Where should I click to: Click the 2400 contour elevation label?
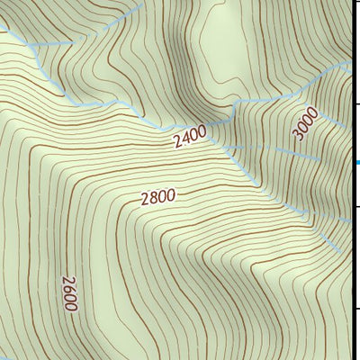click(190, 137)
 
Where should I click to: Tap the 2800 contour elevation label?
click(157, 197)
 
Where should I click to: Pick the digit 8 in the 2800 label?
click(153, 198)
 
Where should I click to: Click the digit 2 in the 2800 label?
click(144, 201)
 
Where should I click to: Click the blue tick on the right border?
click(356, 163)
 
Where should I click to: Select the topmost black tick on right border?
click(356, 24)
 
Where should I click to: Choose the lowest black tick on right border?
click(356, 309)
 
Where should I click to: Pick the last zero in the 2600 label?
click(71, 306)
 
